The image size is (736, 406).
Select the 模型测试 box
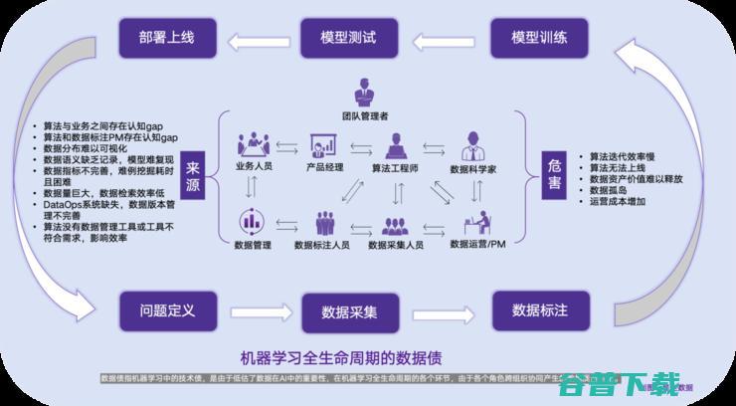point(348,40)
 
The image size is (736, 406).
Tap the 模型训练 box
point(539,40)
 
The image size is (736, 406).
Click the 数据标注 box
point(539,309)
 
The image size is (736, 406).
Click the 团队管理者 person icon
point(367,93)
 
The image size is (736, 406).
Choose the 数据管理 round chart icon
point(252,221)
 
